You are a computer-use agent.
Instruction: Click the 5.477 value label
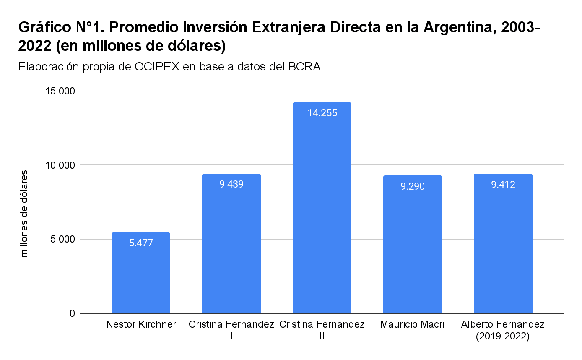click(x=141, y=243)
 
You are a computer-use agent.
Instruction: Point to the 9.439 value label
click(x=231, y=184)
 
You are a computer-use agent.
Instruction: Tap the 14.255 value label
click(x=322, y=113)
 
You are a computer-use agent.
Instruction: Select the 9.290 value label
click(x=413, y=186)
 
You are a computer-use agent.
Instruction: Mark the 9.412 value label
click(x=503, y=185)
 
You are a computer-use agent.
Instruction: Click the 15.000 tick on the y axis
click(x=60, y=91)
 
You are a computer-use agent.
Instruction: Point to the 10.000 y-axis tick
click(x=60, y=165)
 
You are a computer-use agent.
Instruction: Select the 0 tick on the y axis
click(x=72, y=314)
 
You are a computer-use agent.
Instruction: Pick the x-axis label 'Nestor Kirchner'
click(x=141, y=325)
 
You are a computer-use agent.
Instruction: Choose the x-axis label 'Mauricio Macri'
click(x=413, y=325)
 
